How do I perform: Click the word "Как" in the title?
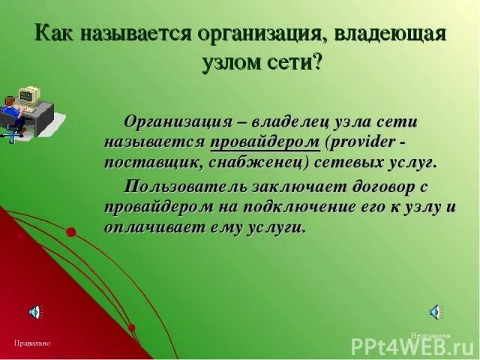coord(56,34)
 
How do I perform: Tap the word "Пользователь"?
coord(184,186)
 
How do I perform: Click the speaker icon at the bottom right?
coord(435,312)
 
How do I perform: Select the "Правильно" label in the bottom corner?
coord(31,343)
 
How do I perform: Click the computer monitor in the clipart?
coord(28,96)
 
